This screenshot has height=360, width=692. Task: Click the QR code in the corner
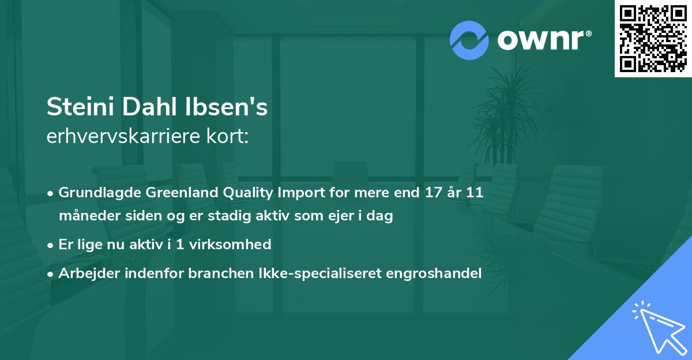tap(653, 39)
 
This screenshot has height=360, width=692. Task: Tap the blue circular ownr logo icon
tap(469, 40)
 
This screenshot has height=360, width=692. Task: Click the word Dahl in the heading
tap(144, 107)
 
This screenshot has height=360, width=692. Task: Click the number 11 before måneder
tap(474, 193)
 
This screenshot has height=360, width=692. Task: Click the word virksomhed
tap(236, 245)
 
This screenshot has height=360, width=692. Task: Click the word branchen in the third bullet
tap(215, 273)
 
